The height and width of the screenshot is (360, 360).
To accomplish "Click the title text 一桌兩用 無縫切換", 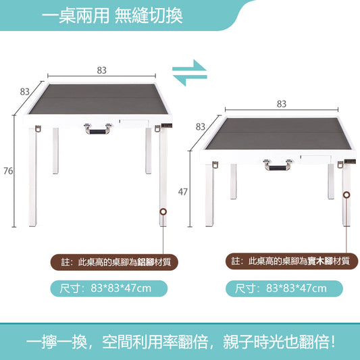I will [x=112, y=16].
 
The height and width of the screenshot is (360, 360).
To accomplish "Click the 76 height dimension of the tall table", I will [x=8, y=171].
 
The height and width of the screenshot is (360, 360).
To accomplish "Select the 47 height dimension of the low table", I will [x=182, y=192].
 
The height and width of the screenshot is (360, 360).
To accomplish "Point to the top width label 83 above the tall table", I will [x=101, y=70].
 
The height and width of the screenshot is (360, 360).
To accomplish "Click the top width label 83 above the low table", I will [x=281, y=104].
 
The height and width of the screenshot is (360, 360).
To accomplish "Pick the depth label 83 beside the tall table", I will [x=24, y=91].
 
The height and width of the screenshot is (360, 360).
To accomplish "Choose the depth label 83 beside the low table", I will [x=201, y=126].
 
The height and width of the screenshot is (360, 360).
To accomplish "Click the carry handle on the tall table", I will [x=97, y=128].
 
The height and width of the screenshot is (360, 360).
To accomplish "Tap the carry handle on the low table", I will [x=278, y=163].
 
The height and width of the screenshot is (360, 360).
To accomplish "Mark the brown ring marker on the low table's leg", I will [x=347, y=195].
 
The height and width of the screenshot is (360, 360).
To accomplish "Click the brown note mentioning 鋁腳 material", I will [x=111, y=261].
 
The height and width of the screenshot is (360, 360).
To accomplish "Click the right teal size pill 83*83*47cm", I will [x=284, y=288].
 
